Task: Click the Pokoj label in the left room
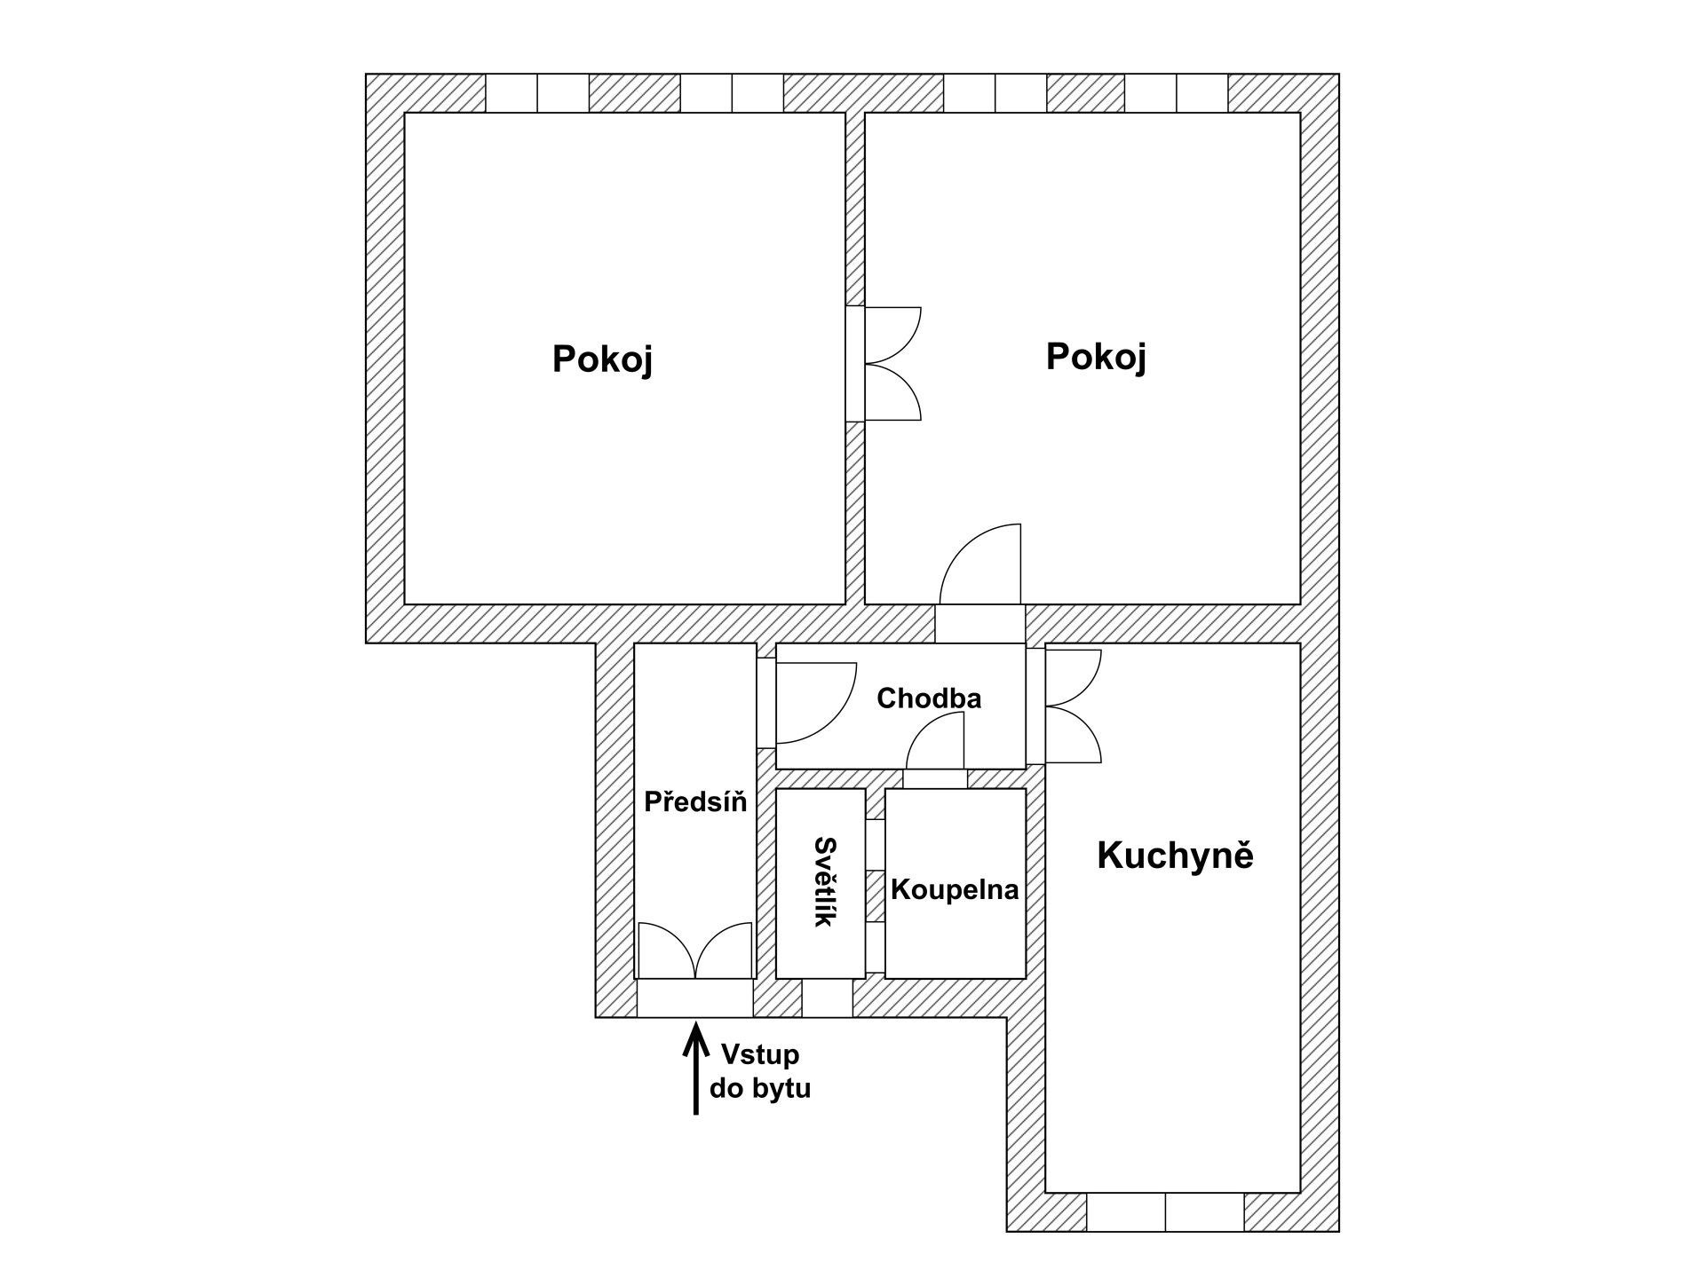(x=602, y=359)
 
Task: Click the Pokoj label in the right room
(x=1096, y=357)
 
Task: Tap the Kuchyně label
(x=1175, y=855)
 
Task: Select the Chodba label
(x=929, y=698)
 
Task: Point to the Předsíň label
(x=695, y=801)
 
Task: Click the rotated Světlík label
(x=825, y=881)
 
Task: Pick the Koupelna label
(x=955, y=889)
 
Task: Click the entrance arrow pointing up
(x=695, y=1068)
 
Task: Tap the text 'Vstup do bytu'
(x=760, y=1071)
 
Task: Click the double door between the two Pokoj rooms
(x=884, y=363)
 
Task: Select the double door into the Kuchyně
(x=1064, y=706)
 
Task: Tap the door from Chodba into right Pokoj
(x=980, y=564)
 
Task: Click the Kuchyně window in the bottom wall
(x=1165, y=1212)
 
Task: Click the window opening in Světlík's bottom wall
(x=828, y=998)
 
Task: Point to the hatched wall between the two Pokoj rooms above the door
(x=855, y=209)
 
